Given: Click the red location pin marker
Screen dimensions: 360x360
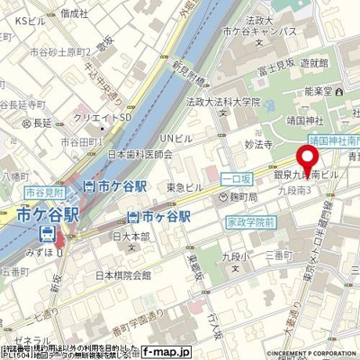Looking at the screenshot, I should click(310, 160).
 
